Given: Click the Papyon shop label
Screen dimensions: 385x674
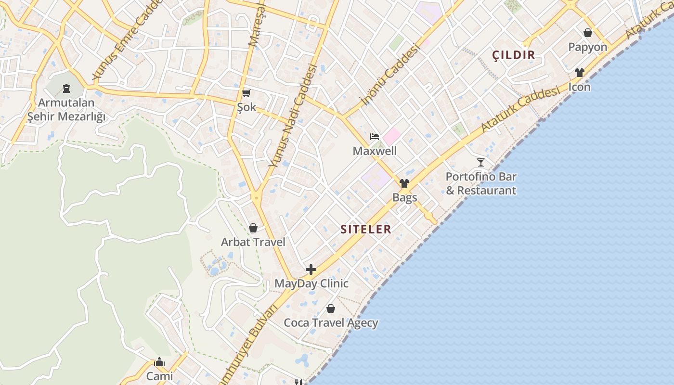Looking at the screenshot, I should pos(587,47).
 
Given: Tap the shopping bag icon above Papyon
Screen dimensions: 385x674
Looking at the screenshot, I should pos(587,33).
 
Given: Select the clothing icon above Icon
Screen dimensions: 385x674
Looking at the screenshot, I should pos(579,73).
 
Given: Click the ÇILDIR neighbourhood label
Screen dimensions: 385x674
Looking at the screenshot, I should pos(514,55).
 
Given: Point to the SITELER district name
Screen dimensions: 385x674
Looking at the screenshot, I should pos(366,230).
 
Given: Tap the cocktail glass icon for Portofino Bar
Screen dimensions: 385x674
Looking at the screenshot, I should pos(480,162).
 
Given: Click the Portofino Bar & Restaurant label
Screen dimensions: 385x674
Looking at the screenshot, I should pos(480,183).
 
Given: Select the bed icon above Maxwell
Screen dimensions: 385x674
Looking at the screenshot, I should pos(375,137).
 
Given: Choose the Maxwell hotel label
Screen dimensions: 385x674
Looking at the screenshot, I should pos(375,151).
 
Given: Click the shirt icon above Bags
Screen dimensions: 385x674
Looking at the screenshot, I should pos(404,183).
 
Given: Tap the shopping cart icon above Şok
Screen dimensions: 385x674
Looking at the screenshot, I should pos(246,93).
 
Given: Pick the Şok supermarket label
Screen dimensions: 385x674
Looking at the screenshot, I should pos(246,107).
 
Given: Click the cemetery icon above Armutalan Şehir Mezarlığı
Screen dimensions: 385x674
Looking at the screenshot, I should pos(66,89).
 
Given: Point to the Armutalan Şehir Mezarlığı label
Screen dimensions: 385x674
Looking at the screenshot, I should pos(66,110).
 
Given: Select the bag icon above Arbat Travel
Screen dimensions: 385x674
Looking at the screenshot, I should pos(253,228).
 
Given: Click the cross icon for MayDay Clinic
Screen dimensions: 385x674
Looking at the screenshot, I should pos(311,269).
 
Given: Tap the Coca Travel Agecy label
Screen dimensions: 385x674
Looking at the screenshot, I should pos(331,323).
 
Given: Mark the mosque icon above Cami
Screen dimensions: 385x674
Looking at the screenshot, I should pos(159,362).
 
